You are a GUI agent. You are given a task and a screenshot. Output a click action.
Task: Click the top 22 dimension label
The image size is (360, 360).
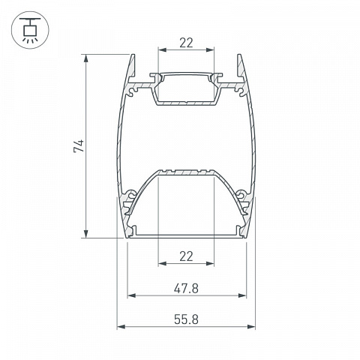(186, 43)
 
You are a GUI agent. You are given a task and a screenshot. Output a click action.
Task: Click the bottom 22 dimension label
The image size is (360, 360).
(186, 256)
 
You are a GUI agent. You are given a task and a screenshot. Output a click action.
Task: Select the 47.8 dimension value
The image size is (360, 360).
(186, 289)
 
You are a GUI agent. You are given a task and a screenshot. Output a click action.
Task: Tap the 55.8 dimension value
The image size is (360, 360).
(186, 319)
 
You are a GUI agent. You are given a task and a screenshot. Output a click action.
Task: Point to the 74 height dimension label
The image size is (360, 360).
(79, 145)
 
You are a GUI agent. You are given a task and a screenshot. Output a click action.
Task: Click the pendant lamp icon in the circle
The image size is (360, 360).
(30, 30)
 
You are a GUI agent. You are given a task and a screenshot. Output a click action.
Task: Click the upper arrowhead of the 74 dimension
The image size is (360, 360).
(86, 58)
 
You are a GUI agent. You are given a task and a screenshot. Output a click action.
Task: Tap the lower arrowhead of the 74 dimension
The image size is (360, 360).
(86, 234)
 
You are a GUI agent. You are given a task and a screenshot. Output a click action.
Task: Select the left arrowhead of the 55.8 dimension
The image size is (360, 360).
(121, 327)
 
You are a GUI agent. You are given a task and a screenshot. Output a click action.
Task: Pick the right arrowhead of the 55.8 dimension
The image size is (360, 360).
(251, 327)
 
